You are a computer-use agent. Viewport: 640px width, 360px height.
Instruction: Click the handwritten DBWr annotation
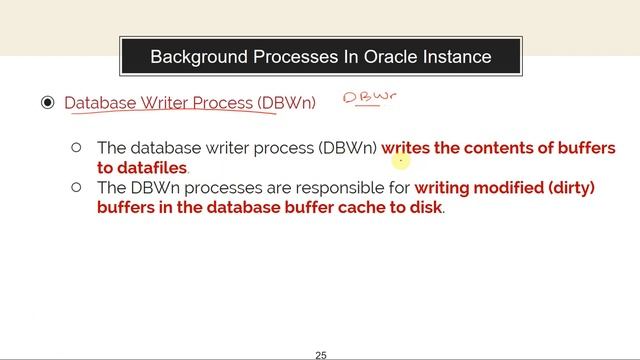point(369,97)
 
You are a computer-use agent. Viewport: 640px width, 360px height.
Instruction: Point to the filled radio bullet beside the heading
point(47,103)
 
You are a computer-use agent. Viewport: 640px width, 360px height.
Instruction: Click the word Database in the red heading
point(99,103)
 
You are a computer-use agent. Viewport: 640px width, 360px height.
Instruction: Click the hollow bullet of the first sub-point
point(76,148)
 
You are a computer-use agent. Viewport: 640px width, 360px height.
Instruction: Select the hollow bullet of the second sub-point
point(76,186)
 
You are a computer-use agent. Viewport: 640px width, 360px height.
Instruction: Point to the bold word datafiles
point(152,168)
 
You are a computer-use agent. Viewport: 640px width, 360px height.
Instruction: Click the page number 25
point(321,355)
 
